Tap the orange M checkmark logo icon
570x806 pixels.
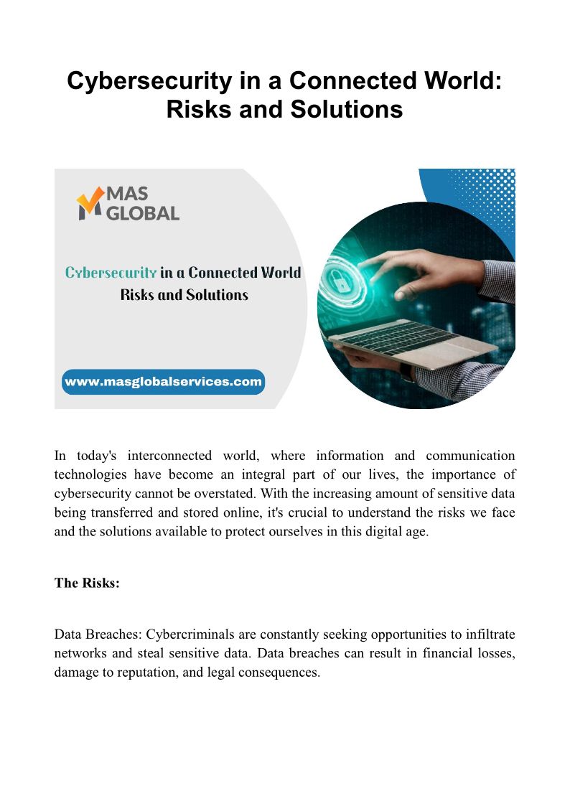click(x=90, y=203)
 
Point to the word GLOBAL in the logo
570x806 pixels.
click(x=142, y=212)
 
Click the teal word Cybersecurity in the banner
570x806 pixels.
click(x=111, y=273)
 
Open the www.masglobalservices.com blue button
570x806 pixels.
click(x=163, y=382)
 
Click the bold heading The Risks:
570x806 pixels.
click(x=87, y=583)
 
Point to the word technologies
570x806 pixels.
click(x=90, y=474)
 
